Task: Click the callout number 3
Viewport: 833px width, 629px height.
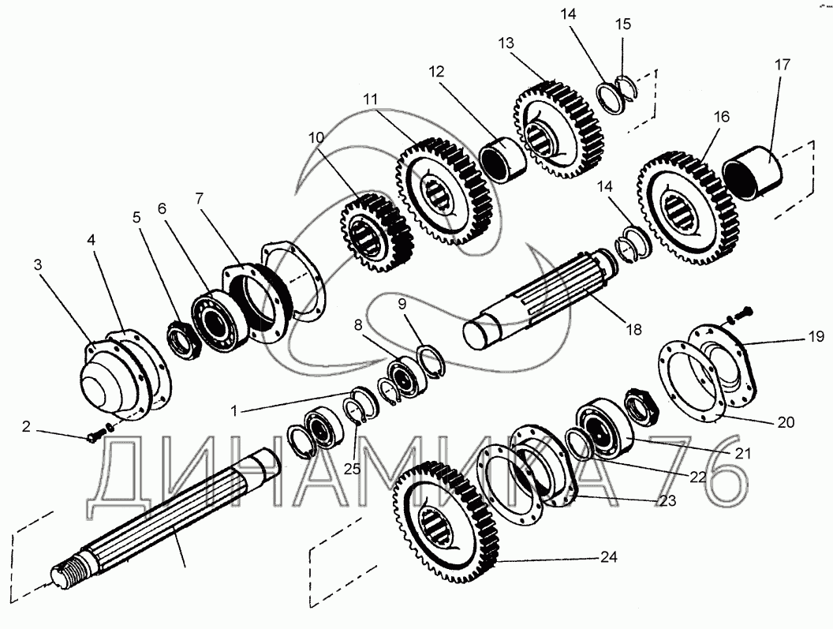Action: pos(38,264)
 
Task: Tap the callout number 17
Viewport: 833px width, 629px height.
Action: pos(782,65)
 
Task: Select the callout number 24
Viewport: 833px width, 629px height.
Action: pos(609,556)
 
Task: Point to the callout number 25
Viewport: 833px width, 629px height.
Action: pos(352,469)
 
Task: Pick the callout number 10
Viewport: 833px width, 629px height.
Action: pos(316,137)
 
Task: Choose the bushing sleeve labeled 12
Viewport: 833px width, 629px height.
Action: pos(502,159)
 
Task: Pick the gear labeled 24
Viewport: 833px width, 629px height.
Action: pos(446,522)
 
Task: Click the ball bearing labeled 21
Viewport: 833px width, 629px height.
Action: pos(603,428)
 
